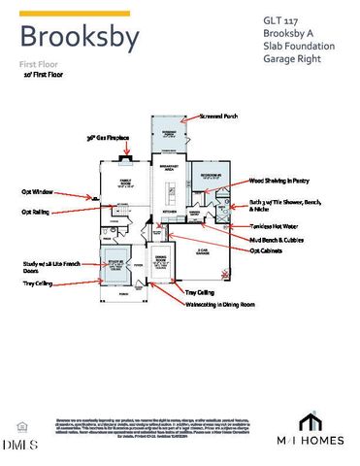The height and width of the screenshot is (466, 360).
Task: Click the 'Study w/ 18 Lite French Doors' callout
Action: coord(49,267)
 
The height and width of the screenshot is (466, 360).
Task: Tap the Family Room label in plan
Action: coord(127,183)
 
